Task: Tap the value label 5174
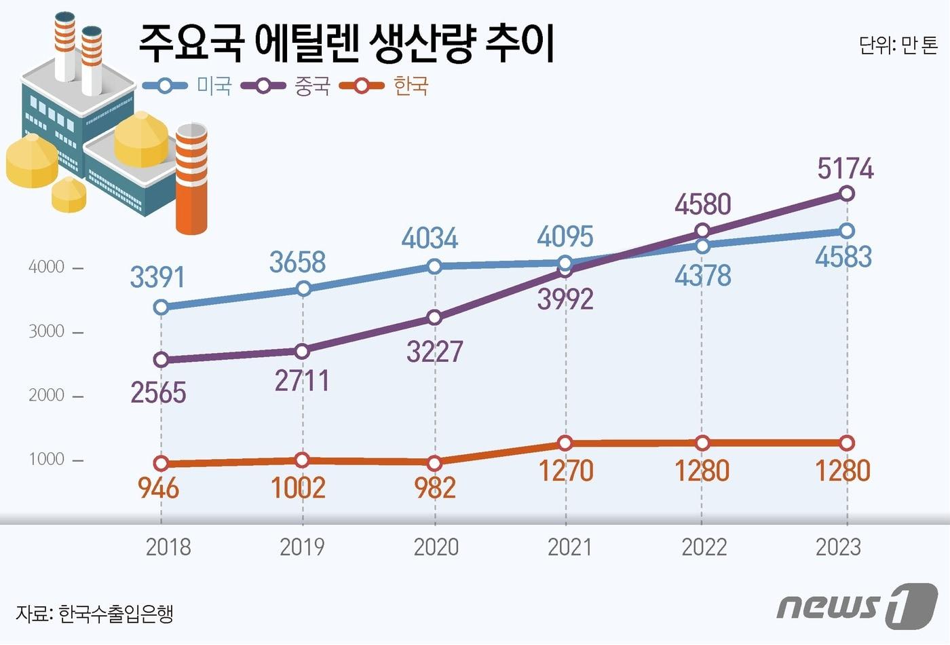click(x=845, y=168)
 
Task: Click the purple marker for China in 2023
click(x=847, y=194)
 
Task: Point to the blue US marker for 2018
click(x=161, y=308)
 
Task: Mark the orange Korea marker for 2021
click(x=565, y=443)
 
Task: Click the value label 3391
click(x=157, y=277)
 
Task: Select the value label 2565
click(x=158, y=392)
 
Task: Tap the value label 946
click(x=158, y=487)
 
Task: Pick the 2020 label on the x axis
click(x=436, y=547)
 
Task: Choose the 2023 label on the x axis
click(x=838, y=547)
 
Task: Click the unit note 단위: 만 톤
click(x=898, y=45)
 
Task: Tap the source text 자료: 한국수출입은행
click(x=94, y=613)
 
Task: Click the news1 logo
click(x=856, y=604)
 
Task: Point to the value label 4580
click(x=703, y=204)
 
